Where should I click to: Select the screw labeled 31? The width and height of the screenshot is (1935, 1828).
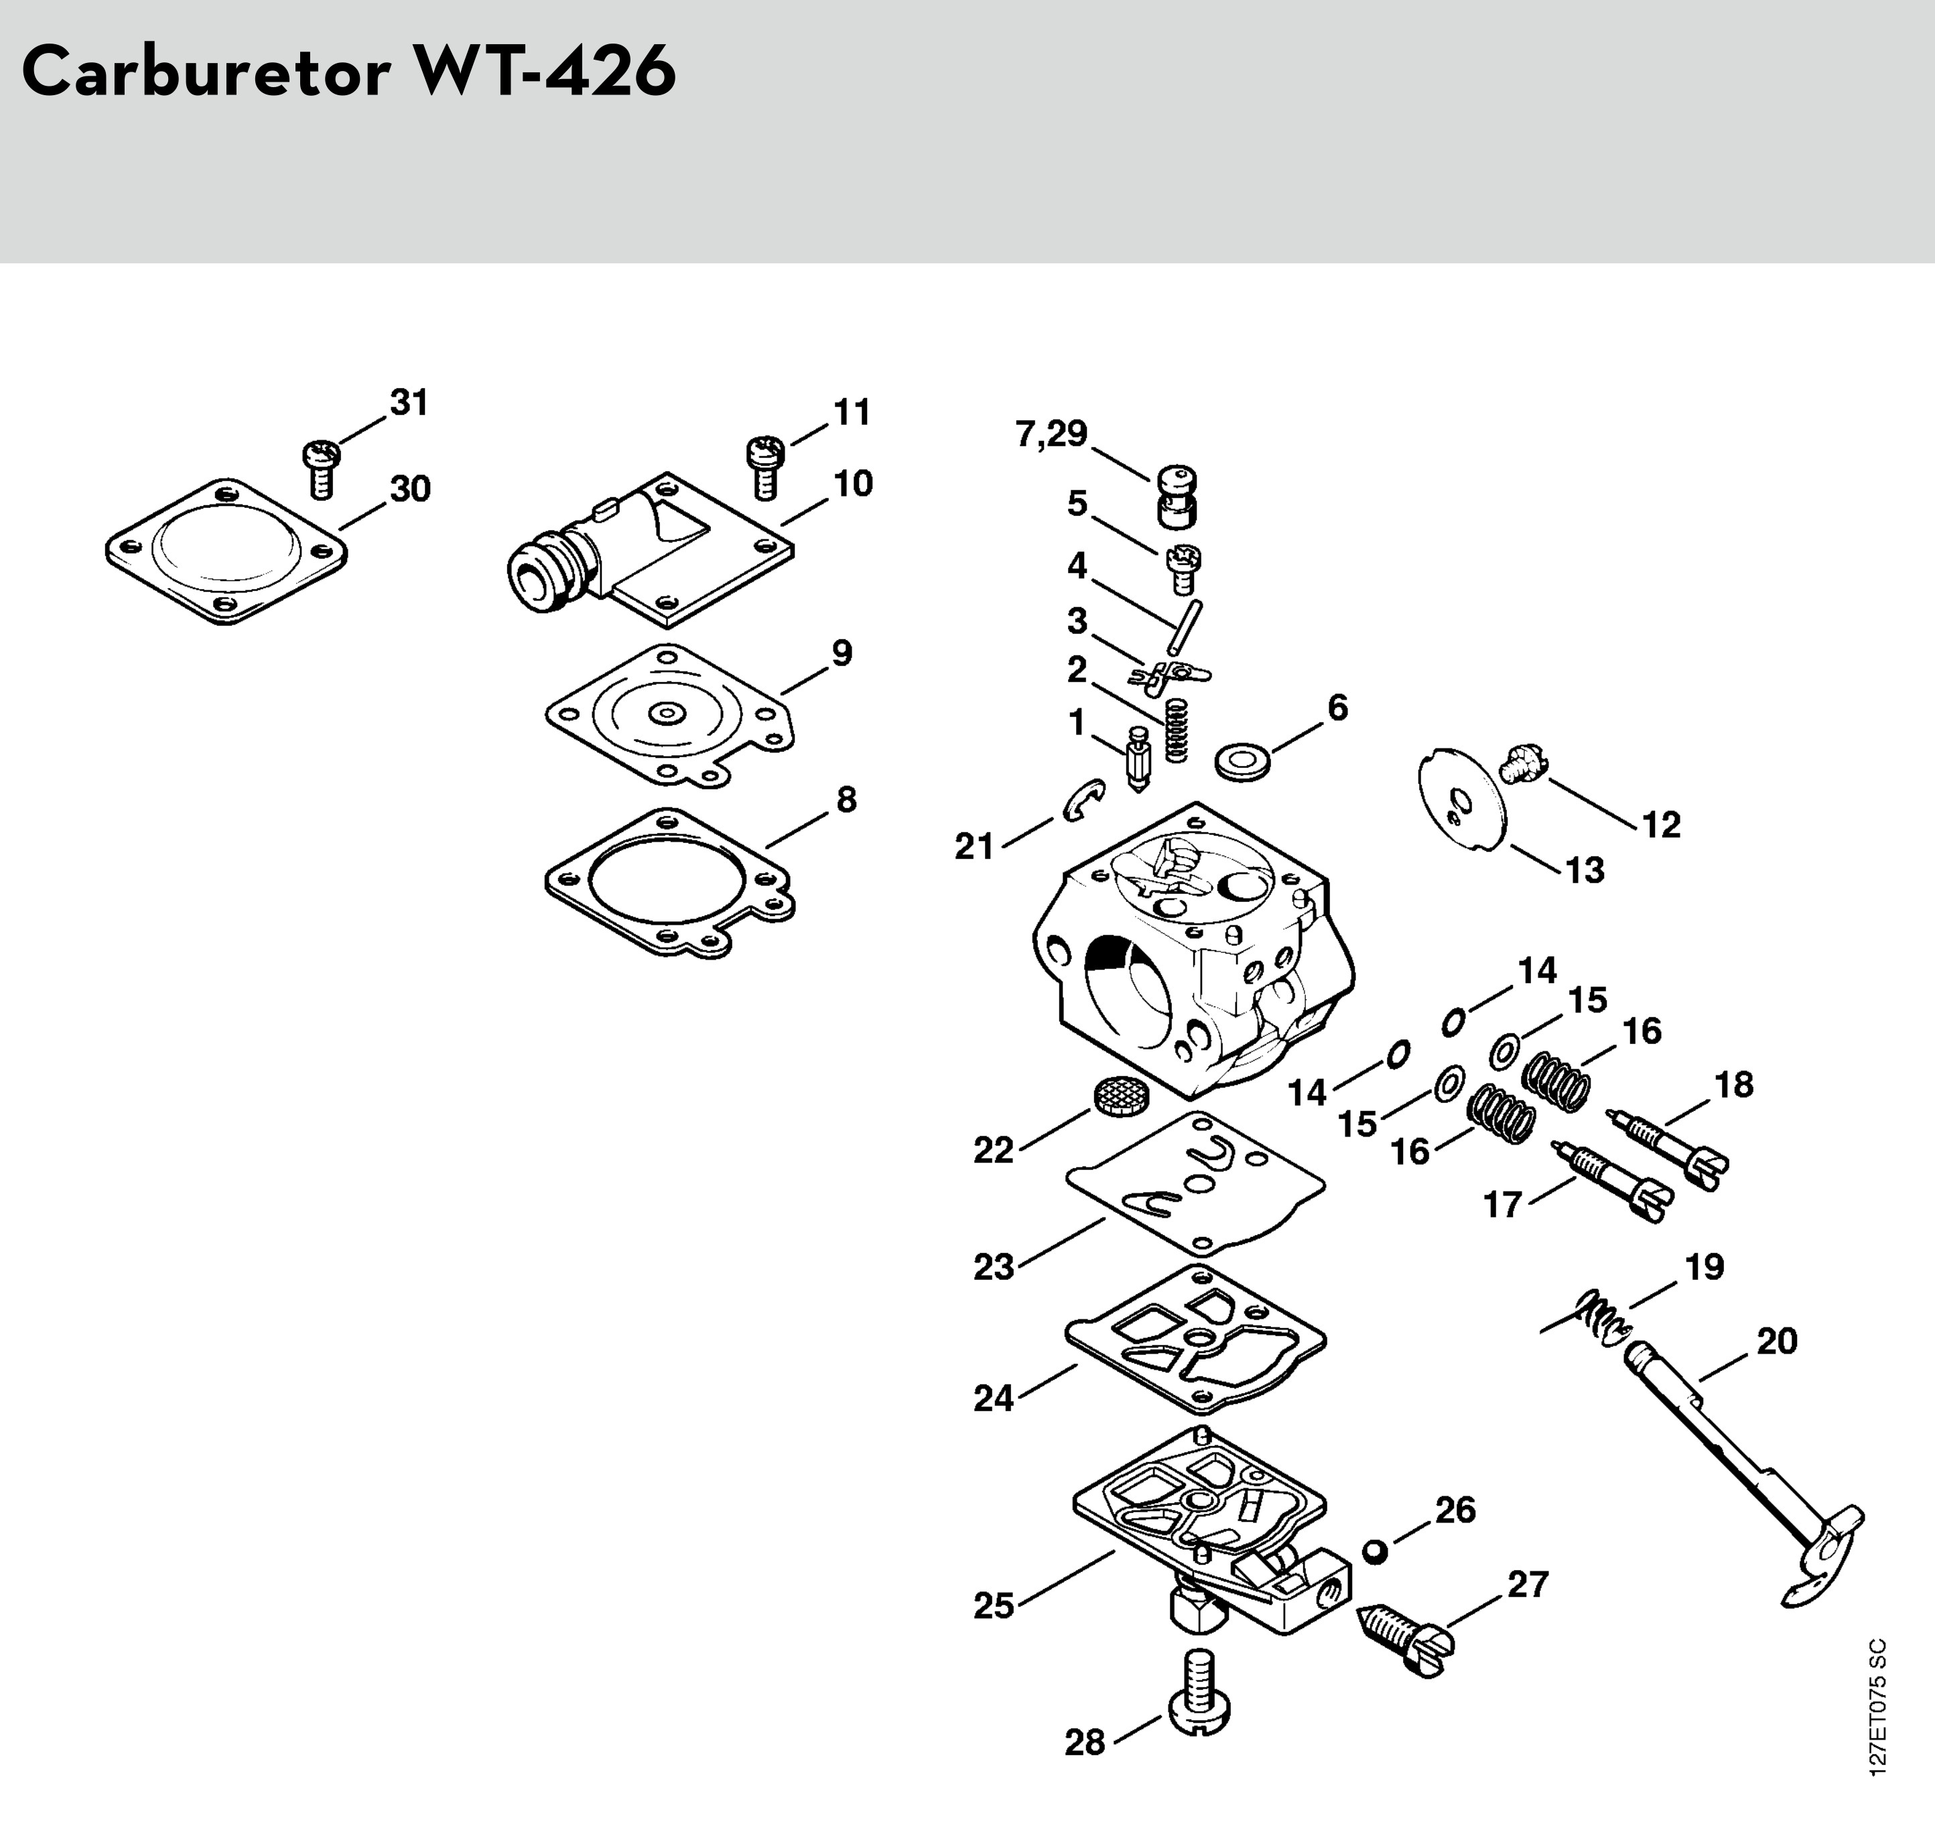(320, 468)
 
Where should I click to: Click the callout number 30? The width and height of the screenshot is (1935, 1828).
(409, 489)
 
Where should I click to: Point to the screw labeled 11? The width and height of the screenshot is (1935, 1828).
(765, 466)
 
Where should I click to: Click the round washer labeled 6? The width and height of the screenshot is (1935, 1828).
(1244, 761)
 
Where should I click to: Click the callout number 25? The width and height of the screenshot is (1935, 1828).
(994, 1605)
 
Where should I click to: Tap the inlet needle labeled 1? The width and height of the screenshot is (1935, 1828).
(1138, 760)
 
